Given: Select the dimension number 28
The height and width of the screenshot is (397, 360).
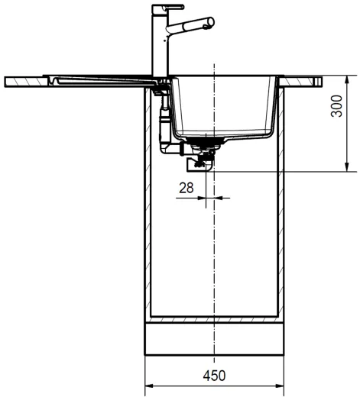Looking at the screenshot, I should pyautogui.click(x=186, y=186).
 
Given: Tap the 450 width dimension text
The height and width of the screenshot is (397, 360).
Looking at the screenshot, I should pyautogui.click(x=215, y=375).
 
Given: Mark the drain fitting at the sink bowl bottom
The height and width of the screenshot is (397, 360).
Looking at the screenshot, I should pyautogui.click(x=204, y=142).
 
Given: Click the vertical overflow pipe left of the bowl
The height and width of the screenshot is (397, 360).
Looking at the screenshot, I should pyautogui.click(x=162, y=122).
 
